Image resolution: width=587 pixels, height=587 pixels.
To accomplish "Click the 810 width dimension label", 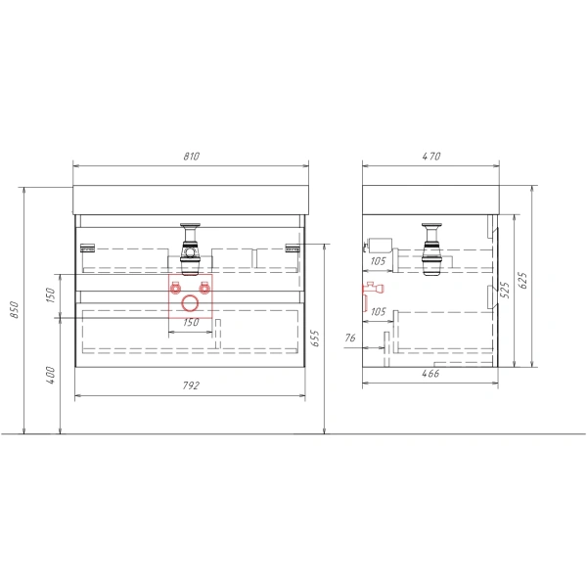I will pos(191,157).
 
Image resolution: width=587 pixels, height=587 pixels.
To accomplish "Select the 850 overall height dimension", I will pos(14,309).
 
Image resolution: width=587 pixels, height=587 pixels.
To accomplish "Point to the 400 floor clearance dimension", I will pos(50,375).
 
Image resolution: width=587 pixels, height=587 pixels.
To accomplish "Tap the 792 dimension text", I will pos(191,385).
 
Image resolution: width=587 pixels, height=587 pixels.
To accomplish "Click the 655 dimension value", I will pos(315,339).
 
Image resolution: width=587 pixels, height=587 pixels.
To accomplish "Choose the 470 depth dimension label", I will pos(430,157).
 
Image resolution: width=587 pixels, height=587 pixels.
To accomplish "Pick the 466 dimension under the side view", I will pos(430,373).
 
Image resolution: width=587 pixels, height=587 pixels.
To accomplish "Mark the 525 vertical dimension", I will pos(506,291).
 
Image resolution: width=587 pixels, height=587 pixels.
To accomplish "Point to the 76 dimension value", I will pos(349,339).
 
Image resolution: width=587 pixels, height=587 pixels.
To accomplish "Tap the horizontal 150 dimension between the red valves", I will pos(191,322).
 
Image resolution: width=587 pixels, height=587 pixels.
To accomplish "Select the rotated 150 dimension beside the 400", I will pos(50,294).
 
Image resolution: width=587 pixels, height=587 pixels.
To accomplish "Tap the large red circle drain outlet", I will pos(191,300).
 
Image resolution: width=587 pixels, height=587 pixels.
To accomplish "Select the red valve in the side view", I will pos(371,289).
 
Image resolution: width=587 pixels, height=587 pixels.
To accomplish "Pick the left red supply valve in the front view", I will pos(176,288).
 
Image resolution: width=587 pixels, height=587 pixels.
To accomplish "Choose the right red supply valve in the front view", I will pos(205,288).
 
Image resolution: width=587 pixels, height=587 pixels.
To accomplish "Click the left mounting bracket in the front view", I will pos(87,247).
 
